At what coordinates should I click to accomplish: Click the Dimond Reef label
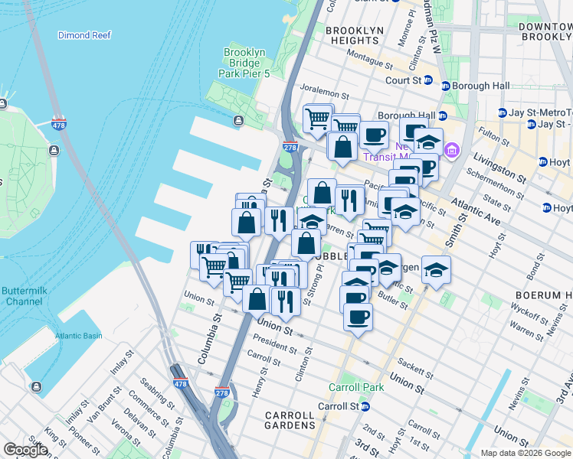click(x=84, y=35)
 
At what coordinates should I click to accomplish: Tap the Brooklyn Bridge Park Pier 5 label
click(x=244, y=63)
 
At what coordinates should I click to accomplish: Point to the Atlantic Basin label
click(x=78, y=336)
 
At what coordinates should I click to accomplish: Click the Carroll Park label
click(x=356, y=387)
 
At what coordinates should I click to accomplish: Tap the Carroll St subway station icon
click(x=366, y=407)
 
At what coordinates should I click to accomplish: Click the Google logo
click(x=26, y=450)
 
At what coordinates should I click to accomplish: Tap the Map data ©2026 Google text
click(x=525, y=453)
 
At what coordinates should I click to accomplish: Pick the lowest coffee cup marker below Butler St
click(x=357, y=316)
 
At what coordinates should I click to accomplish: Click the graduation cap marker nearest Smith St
click(x=436, y=270)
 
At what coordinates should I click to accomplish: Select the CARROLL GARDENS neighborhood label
click(x=290, y=419)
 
